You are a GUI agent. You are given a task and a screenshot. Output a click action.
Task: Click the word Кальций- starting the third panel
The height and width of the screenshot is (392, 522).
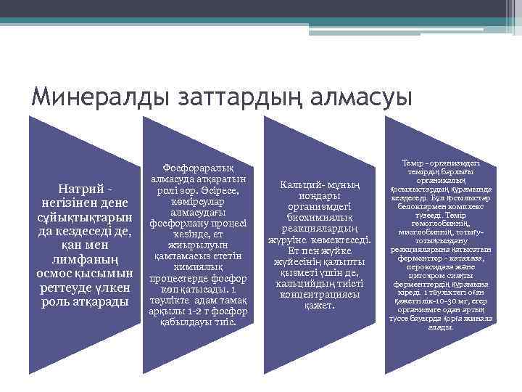point(302,184)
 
